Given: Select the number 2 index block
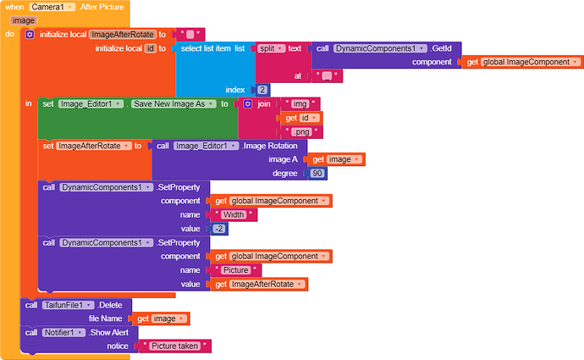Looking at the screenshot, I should [x=263, y=89].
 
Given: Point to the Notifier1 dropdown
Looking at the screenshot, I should [x=66, y=333].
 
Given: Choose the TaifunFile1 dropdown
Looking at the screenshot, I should [x=68, y=305].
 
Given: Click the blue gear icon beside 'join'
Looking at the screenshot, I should [x=248, y=103].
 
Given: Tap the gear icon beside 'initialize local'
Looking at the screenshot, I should [x=30, y=35].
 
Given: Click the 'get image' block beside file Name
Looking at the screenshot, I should [x=160, y=318].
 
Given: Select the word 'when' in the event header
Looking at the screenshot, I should [x=14, y=7].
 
